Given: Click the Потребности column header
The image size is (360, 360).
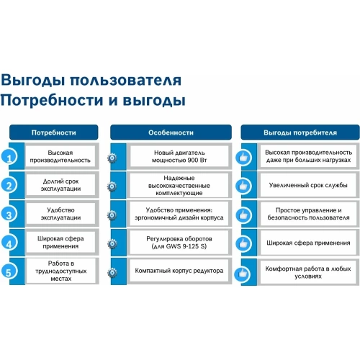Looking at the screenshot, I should click(x=53, y=132).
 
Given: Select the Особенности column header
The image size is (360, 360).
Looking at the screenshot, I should click(x=171, y=132).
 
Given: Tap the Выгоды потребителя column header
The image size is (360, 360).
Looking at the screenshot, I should click(x=300, y=132).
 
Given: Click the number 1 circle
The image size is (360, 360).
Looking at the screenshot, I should click(x=9, y=157).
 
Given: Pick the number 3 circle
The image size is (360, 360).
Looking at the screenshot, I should click(x=9, y=215).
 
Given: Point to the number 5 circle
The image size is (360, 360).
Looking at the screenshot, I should click(x=9, y=272).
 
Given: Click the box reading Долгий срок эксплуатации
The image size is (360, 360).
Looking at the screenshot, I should click(x=60, y=186).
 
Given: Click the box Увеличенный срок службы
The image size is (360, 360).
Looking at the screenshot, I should click(x=308, y=186).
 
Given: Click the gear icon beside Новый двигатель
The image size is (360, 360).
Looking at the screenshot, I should click(x=112, y=157).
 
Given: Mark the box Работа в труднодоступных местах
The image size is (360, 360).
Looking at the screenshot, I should click(x=60, y=272).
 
